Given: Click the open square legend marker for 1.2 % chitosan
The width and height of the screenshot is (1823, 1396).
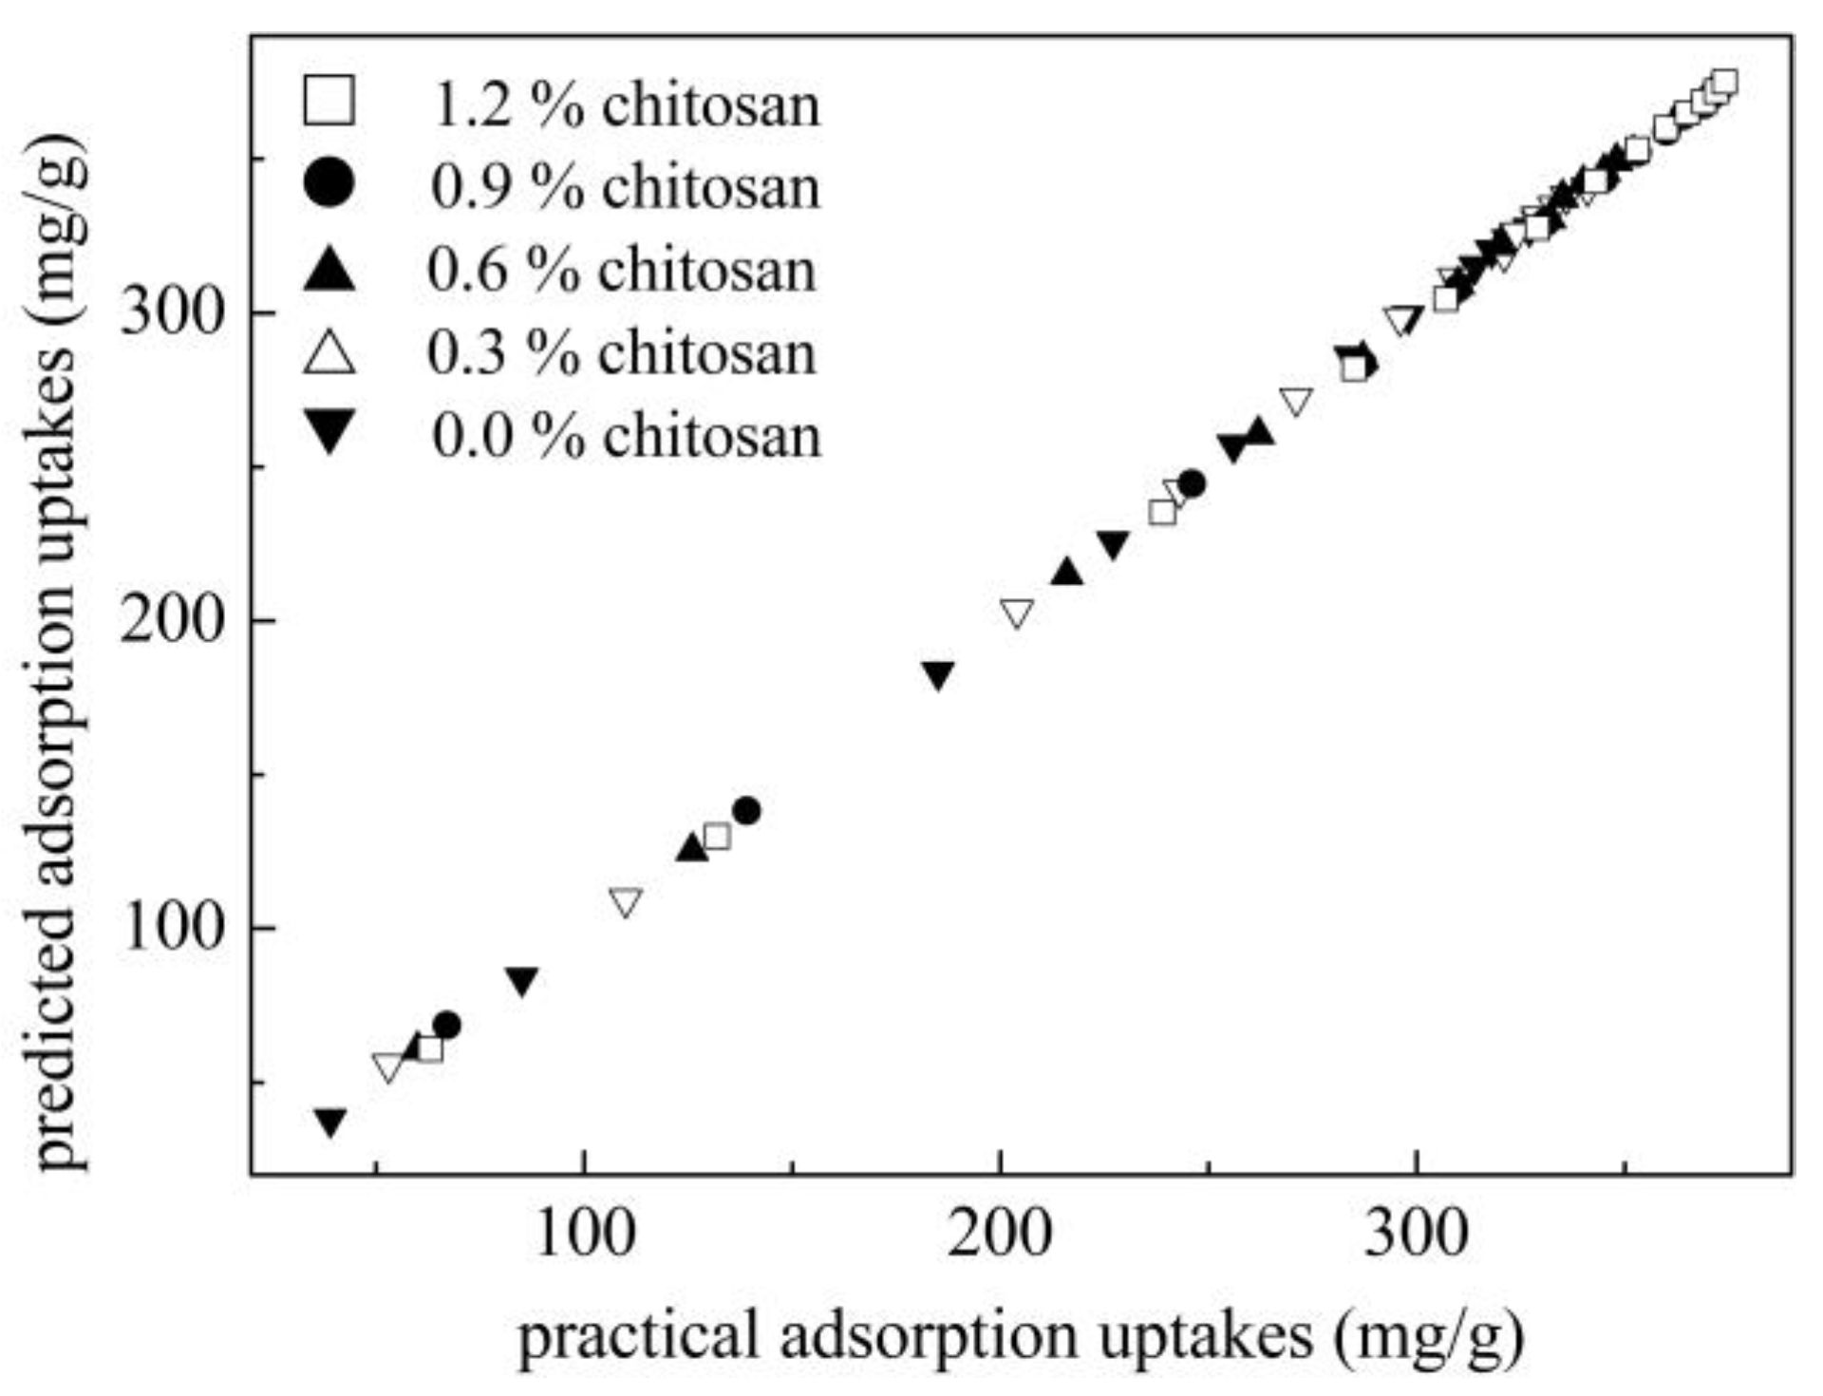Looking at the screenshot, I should (x=329, y=102).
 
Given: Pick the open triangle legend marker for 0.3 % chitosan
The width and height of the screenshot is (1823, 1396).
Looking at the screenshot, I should (x=329, y=353).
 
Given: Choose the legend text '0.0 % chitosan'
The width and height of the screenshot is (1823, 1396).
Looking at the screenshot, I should (x=627, y=436).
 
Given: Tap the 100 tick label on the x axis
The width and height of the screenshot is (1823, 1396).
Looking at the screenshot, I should (x=583, y=1235).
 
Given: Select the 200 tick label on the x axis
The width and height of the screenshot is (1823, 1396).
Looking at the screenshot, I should (x=999, y=1235).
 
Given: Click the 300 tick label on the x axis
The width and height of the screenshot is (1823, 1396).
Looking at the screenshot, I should (x=1416, y=1235).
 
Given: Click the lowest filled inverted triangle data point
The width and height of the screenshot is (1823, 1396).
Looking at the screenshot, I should (x=329, y=1122).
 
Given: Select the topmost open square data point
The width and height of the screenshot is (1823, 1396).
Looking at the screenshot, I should (x=1723, y=82).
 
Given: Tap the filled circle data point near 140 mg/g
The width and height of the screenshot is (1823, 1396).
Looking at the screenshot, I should (x=746, y=811).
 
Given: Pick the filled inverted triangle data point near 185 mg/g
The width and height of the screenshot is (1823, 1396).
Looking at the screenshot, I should (x=938, y=674).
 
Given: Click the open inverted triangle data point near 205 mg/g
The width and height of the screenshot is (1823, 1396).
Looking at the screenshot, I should (x=1016, y=613).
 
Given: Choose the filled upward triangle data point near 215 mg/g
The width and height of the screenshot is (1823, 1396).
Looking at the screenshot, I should (x=1067, y=572).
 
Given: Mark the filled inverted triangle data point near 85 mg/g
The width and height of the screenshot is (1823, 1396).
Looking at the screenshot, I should (x=522, y=981).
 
